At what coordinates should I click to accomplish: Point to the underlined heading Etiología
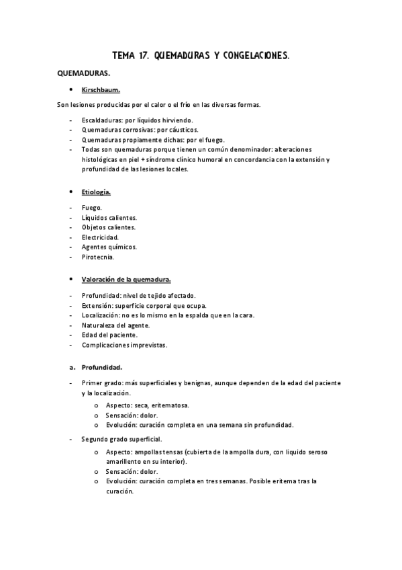(x=96, y=192)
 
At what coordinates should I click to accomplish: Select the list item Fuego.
(x=92, y=208)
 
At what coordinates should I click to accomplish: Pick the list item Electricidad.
(x=100, y=237)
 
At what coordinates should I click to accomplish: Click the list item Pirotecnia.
(x=98, y=257)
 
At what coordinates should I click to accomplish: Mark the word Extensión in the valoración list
(x=97, y=306)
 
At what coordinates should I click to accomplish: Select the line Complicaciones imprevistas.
(x=124, y=345)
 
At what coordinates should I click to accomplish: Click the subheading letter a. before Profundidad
(x=72, y=367)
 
